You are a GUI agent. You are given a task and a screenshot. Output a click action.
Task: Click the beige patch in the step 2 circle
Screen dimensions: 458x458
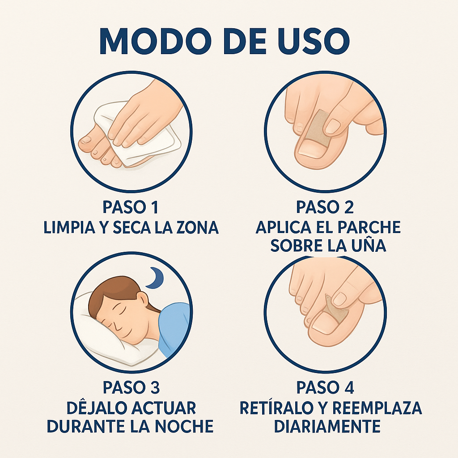click(318, 129)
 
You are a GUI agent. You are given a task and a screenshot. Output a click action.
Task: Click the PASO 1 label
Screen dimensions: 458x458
click(131, 208)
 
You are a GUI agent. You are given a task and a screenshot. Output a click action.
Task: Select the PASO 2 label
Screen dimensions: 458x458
click(325, 208)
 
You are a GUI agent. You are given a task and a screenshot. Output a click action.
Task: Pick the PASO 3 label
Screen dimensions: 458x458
click(131, 388)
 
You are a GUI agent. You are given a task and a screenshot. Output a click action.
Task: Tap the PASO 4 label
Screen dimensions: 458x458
click(325, 388)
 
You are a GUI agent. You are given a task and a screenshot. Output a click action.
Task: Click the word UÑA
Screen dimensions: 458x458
click(368, 246)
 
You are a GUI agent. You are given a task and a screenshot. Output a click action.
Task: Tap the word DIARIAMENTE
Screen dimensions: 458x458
click(327, 426)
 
